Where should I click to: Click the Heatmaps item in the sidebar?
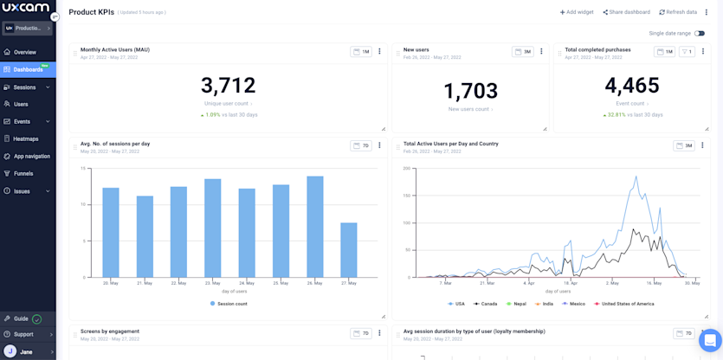point(25,138)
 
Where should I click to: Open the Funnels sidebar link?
point(23,174)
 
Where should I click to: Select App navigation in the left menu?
point(31,157)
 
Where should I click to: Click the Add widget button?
point(577,12)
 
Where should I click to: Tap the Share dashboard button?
point(627,12)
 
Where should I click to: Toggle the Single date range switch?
point(699,33)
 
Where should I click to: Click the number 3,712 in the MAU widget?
point(229,86)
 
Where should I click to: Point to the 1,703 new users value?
point(471,91)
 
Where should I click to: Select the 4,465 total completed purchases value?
point(632,86)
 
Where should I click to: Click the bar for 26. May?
point(315,228)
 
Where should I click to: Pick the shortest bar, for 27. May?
point(349,250)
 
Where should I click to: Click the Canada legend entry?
point(487,304)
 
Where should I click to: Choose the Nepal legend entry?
point(516,304)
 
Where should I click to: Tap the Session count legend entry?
point(229,304)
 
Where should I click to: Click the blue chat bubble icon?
point(709,340)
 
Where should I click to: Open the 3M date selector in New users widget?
point(522,51)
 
